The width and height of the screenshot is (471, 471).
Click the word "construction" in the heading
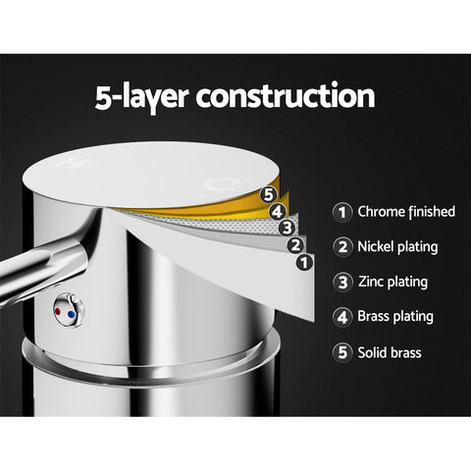(x=286, y=96)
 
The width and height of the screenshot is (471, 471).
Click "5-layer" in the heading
(x=141, y=98)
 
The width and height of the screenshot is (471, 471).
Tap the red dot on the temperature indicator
(x=58, y=311)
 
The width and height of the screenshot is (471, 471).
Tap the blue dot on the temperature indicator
(x=71, y=315)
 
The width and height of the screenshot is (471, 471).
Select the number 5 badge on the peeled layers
(x=268, y=195)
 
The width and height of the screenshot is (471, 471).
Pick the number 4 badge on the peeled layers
(x=278, y=212)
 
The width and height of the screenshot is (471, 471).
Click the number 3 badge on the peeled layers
(x=287, y=228)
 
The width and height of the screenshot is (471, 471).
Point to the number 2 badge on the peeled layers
(x=295, y=245)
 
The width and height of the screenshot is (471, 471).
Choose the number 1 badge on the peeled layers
(x=304, y=263)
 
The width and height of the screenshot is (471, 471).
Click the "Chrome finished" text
(x=406, y=212)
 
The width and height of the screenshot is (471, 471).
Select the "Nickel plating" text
(x=397, y=247)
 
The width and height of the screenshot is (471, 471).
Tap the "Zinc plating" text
(x=392, y=282)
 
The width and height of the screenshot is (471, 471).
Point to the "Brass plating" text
(x=395, y=317)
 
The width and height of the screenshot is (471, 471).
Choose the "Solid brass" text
(x=390, y=352)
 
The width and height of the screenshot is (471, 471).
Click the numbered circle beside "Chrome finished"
(x=342, y=212)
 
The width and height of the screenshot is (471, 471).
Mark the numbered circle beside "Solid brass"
(x=342, y=352)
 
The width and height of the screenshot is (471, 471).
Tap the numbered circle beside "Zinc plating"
(x=342, y=282)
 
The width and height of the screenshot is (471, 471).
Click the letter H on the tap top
(x=69, y=163)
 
